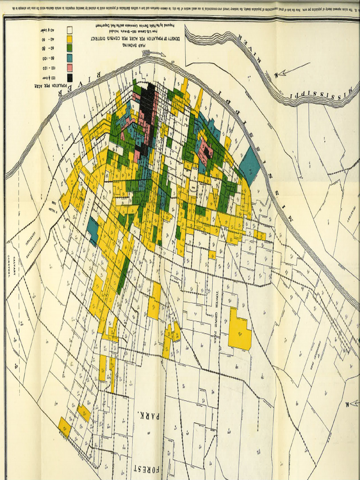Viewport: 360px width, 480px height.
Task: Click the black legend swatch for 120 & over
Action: pos(69,78)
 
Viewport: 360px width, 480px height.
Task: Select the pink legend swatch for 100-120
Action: pos(69,67)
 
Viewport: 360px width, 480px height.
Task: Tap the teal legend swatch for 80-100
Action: pos(69,58)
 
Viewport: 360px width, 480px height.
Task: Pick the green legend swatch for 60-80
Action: pos(69,48)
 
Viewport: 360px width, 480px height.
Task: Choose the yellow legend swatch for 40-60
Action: pos(69,38)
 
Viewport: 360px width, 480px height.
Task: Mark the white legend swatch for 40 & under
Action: pos(69,29)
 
